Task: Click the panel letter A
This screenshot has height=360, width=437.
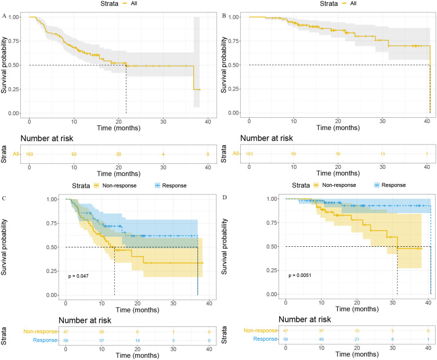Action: (4, 16)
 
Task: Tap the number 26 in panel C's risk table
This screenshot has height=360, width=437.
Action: (102, 329)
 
